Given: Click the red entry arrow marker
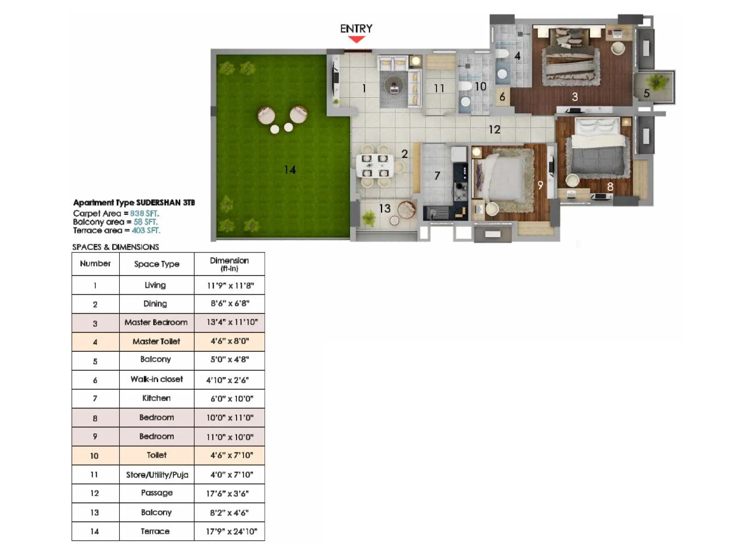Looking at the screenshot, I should point(356,40).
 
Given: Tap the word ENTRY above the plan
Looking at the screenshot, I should point(356,29).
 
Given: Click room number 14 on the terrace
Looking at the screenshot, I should point(290,170).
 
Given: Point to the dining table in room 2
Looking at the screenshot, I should point(375,166).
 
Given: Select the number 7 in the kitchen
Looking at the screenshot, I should point(437,175).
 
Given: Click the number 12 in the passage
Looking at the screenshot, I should point(494,130).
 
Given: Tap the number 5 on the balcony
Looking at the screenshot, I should point(646,93).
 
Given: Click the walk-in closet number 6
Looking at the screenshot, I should point(502,97).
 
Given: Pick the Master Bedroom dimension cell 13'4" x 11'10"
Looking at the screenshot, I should point(230,322).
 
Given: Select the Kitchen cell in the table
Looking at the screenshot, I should point(156,398).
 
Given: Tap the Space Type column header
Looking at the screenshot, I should point(156,264).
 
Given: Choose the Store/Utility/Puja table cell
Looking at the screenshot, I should point(156,475).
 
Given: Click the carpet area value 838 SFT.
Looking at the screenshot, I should point(144,213).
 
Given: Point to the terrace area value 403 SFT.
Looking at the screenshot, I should point(146,230).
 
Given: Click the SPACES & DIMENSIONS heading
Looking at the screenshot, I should point(115,247).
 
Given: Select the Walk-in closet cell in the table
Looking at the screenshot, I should point(156,379).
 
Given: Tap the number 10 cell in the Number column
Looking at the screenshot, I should point(95,455).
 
